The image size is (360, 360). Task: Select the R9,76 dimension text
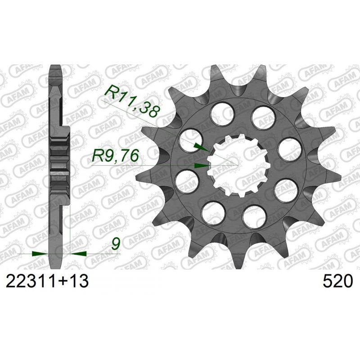[115, 155]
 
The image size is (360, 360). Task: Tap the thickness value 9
[116, 244]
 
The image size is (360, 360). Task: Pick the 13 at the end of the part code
[78, 281]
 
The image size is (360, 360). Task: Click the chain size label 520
[337, 281]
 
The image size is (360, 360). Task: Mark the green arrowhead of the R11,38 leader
[201, 147]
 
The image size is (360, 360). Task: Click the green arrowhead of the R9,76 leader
[202, 166]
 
